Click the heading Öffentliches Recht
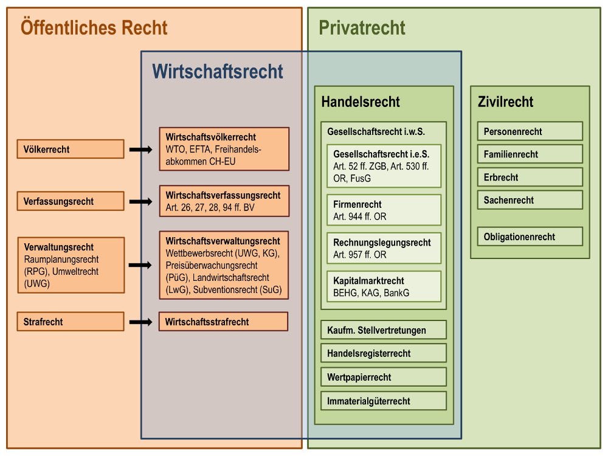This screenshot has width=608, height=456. pos(94,27)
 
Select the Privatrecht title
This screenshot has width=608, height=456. pos(362,27)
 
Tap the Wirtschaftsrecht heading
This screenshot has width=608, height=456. pos(217,71)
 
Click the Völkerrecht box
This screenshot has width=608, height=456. pos(71,149)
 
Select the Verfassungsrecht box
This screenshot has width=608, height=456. pos(71,201)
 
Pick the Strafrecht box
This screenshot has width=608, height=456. pos(71,322)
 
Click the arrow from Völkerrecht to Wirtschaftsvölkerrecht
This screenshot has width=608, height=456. pos(140,149)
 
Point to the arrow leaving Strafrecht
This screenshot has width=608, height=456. pos(140,322)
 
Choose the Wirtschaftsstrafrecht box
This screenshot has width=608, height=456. pos(223,322)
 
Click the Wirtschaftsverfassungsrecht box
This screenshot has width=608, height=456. pos(223,201)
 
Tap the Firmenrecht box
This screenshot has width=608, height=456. pos(384,210)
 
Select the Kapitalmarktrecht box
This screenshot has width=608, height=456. pos(384,286)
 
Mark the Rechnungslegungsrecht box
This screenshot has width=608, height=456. pos(384,248)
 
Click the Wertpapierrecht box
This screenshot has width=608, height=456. pos(384,377)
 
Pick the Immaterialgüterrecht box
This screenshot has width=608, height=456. pos(384,401)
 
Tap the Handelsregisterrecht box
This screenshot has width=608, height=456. pos(384,353)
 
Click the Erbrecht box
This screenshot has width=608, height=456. pos(530,177)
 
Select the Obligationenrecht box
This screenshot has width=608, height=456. pos(530,237)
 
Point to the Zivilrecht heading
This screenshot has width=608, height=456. pos(505,102)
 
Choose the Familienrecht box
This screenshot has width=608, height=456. pos(530,154)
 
